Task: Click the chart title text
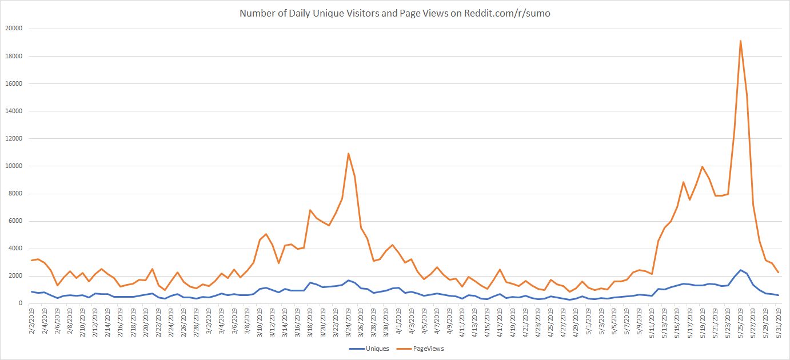395,13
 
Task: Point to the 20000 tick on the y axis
13,29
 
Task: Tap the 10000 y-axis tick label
13,166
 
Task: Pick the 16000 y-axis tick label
13,83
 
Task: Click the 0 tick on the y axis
20,303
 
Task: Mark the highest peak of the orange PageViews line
740,41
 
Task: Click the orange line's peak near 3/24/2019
348,153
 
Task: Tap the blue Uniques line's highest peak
740,270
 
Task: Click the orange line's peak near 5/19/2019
702,167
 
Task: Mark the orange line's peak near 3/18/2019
310,210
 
